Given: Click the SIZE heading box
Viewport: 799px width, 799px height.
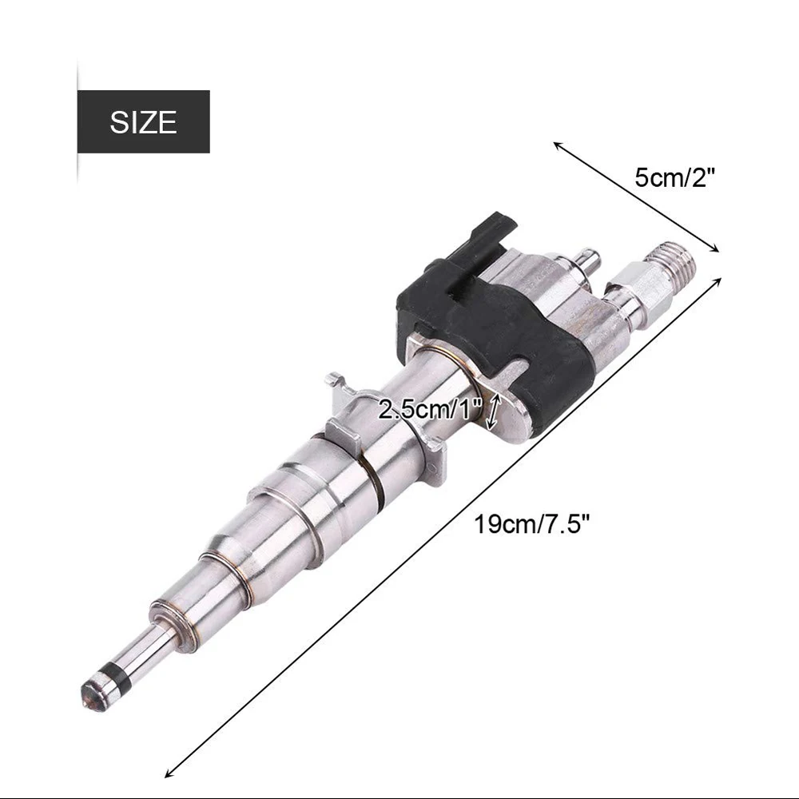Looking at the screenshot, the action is click(x=144, y=121).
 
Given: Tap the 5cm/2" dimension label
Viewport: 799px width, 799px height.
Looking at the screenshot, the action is click(x=675, y=178).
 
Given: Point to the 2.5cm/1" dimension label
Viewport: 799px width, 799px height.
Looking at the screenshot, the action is click(x=430, y=409).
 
